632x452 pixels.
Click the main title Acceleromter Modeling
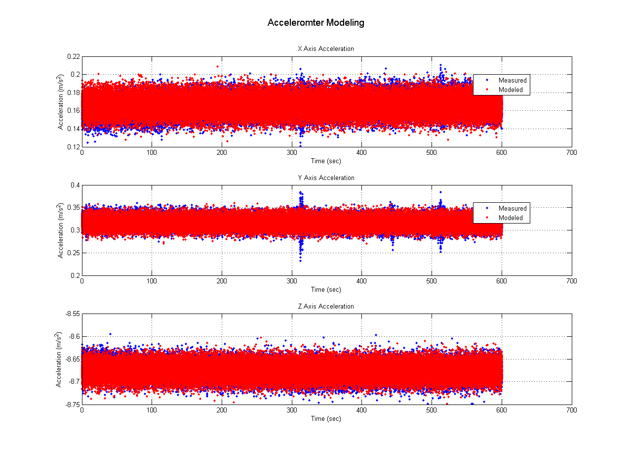[x=316, y=23]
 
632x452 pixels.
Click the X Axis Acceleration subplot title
[x=326, y=49]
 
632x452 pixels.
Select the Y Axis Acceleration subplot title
[x=326, y=178]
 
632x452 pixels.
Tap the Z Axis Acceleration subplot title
[x=326, y=306]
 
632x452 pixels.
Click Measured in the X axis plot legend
[x=512, y=80]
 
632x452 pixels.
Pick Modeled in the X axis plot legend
[x=510, y=90]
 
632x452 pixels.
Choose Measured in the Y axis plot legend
[x=512, y=208]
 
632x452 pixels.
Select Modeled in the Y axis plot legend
[x=510, y=218]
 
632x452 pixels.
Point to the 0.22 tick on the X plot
[x=73, y=56]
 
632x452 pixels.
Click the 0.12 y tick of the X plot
[x=73, y=147]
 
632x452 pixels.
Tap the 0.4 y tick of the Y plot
[x=75, y=185]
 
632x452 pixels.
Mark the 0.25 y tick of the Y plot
[x=73, y=253]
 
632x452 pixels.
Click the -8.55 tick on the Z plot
[x=72, y=314]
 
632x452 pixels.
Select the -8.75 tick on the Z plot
[x=72, y=404]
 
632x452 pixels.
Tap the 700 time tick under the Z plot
[x=571, y=410]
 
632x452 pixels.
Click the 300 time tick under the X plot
[x=292, y=153]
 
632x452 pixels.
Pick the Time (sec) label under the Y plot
[x=326, y=289]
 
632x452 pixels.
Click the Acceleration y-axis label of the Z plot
[x=59, y=359]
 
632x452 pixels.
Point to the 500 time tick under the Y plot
[x=432, y=281]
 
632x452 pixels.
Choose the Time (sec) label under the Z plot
[x=326, y=418]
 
